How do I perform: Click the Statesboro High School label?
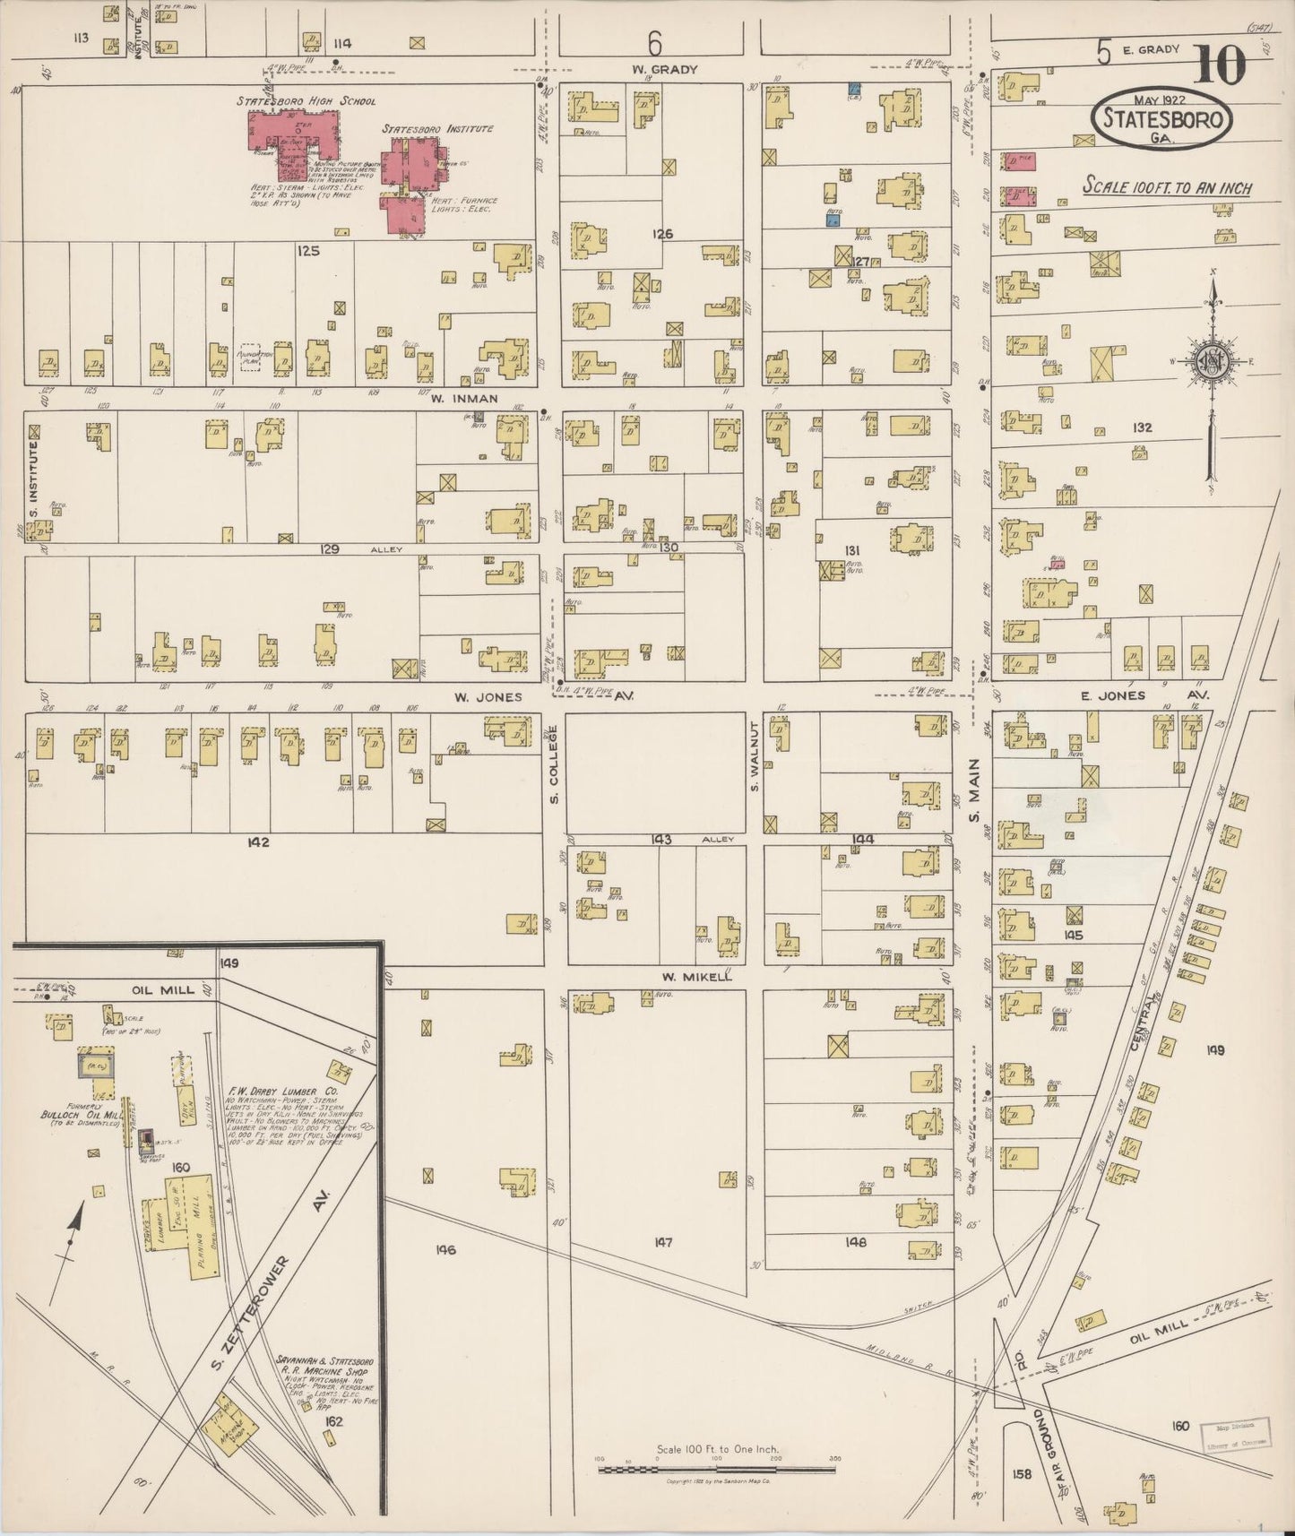point(306,101)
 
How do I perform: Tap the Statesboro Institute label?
point(437,129)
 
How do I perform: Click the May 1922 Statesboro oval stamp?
point(1161,116)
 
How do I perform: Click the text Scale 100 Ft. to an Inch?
point(1167,187)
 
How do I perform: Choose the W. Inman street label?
point(463,399)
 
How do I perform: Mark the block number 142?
point(260,842)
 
